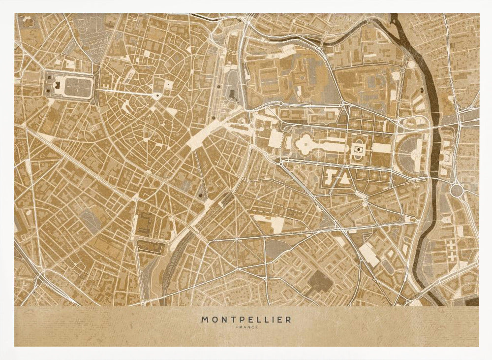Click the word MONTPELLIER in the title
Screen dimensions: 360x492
pos(246,320)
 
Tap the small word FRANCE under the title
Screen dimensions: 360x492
pos(246,327)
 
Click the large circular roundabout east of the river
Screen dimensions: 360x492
pos(457,190)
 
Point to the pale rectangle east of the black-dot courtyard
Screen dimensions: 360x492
pos(380,148)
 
